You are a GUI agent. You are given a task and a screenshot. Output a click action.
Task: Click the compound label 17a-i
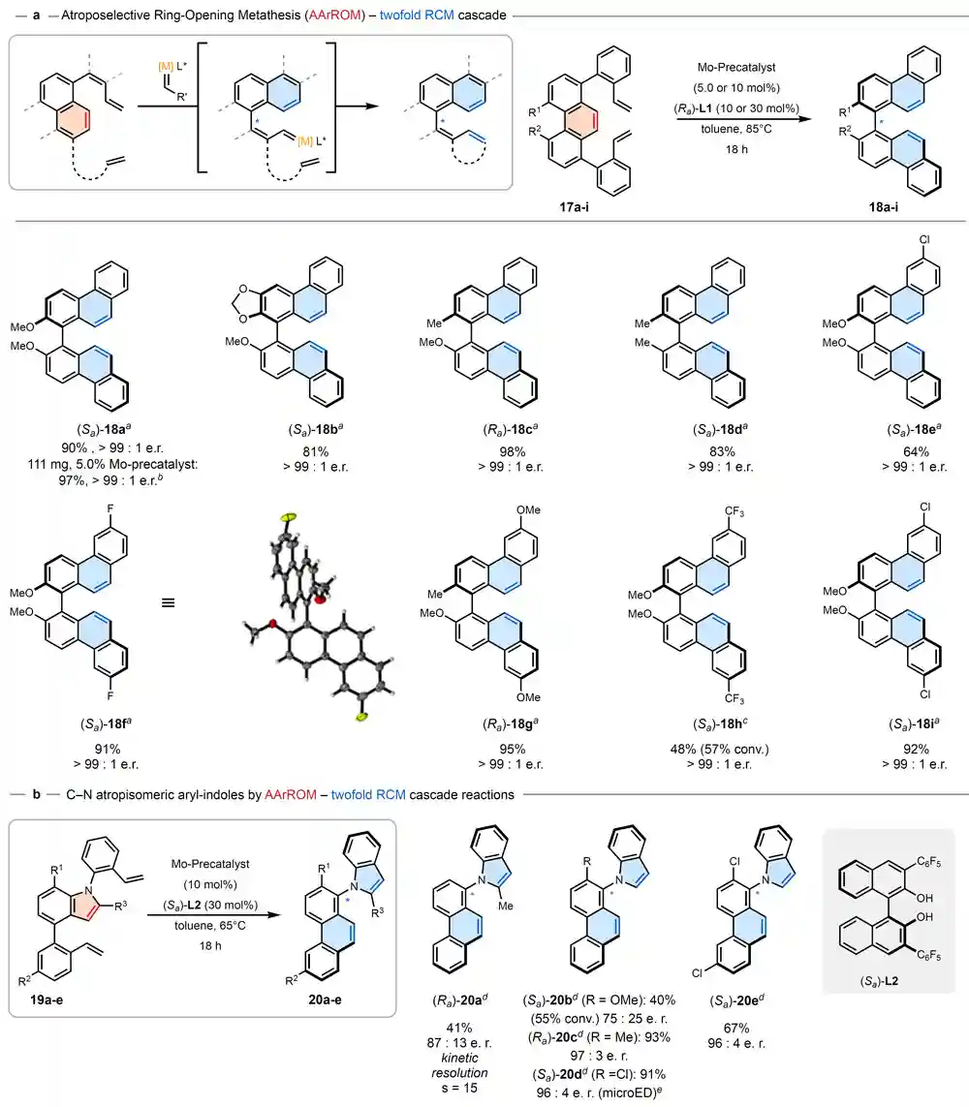[574, 207]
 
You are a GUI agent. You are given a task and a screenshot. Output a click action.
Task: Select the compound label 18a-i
[883, 207]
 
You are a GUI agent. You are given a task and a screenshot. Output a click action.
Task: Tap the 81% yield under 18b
[316, 451]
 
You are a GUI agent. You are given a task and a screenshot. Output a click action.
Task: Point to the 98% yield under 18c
[512, 451]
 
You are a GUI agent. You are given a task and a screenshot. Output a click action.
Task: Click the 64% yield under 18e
[916, 451]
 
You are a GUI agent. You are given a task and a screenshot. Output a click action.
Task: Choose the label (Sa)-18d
[720, 429]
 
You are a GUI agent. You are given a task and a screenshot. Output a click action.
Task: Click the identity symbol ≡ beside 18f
[168, 603]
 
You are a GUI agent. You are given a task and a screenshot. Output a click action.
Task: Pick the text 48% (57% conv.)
[719, 749]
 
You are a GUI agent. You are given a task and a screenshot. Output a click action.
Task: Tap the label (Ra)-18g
[511, 724]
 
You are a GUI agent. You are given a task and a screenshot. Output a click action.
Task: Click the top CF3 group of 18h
[734, 511]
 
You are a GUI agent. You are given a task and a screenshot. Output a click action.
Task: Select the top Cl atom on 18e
[924, 240]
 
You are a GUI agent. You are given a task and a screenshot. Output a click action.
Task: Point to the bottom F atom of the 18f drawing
[110, 695]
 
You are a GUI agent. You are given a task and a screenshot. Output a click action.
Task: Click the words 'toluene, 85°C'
[735, 129]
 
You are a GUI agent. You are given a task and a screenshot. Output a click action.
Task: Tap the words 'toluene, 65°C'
[209, 926]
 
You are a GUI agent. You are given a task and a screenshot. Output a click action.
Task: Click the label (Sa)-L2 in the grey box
[879, 981]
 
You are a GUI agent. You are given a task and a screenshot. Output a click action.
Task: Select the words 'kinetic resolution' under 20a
[459, 1065]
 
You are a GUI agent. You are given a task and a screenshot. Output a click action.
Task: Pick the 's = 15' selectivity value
[459, 1088]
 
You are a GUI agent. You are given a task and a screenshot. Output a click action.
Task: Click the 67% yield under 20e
[735, 1028]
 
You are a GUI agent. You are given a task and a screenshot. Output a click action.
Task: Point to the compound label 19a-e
[46, 999]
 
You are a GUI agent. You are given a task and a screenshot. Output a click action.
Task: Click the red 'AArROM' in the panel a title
[334, 15]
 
